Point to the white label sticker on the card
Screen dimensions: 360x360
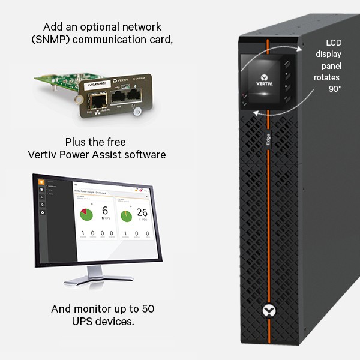point(94,86)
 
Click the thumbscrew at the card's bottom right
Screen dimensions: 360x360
point(138,111)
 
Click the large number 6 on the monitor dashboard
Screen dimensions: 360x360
point(104,211)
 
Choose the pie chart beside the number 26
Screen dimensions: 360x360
point(126,215)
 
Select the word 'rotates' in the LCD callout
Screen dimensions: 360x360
point(328,77)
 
